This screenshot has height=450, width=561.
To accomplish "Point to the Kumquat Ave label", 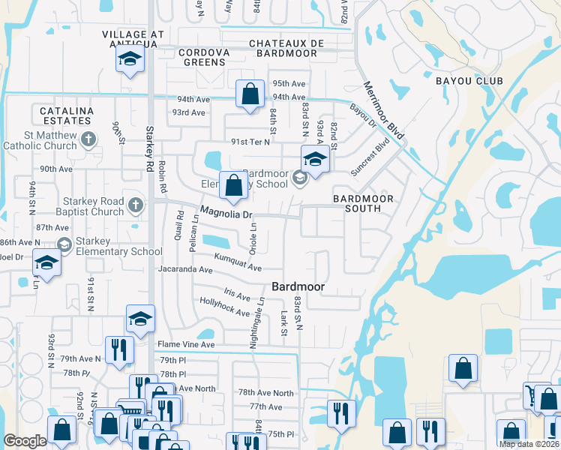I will (x=238, y=262).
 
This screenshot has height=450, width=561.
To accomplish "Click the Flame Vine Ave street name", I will (x=185, y=345).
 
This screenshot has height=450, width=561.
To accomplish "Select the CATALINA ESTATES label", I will (x=62, y=117).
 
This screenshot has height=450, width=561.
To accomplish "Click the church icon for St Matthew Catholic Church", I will (x=88, y=138).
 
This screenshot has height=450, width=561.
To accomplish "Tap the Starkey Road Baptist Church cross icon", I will (x=135, y=205).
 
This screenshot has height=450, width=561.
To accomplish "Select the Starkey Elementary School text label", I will (x=120, y=247).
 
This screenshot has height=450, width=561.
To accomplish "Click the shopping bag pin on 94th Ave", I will (x=250, y=94).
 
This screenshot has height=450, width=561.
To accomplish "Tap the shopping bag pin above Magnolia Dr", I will (x=234, y=184).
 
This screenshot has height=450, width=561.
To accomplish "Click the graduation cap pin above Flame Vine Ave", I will (x=140, y=319).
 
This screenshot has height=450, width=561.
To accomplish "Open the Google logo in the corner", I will (x=25, y=441).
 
